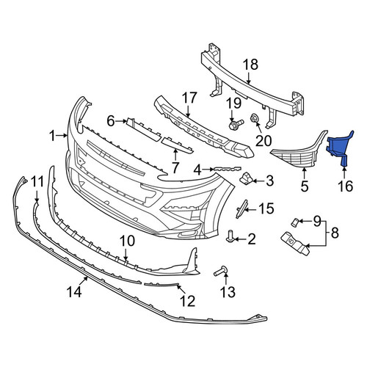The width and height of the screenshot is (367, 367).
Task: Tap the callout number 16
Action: [x=346, y=186]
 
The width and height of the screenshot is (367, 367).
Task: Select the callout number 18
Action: [x=250, y=65]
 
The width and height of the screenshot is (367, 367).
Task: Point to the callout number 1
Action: [x=53, y=136]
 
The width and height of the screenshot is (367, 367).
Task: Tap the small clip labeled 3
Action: [x=246, y=179]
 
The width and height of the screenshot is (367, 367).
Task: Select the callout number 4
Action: [x=197, y=170]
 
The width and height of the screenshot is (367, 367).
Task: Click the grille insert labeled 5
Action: [x=299, y=152]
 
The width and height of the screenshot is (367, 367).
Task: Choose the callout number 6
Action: [x=111, y=121]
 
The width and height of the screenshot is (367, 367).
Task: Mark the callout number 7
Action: [x=175, y=167]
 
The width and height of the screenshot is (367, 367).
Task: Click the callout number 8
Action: [x=335, y=233]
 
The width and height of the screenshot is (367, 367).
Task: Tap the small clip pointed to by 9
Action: [x=294, y=222]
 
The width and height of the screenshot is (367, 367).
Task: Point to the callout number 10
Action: [x=128, y=241]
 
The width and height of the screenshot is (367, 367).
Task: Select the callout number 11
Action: [x=37, y=182]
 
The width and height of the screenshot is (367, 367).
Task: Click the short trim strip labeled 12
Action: [x=161, y=284]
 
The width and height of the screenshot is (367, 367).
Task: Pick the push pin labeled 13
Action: [x=222, y=271]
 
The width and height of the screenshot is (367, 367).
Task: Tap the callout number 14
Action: [x=74, y=292]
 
